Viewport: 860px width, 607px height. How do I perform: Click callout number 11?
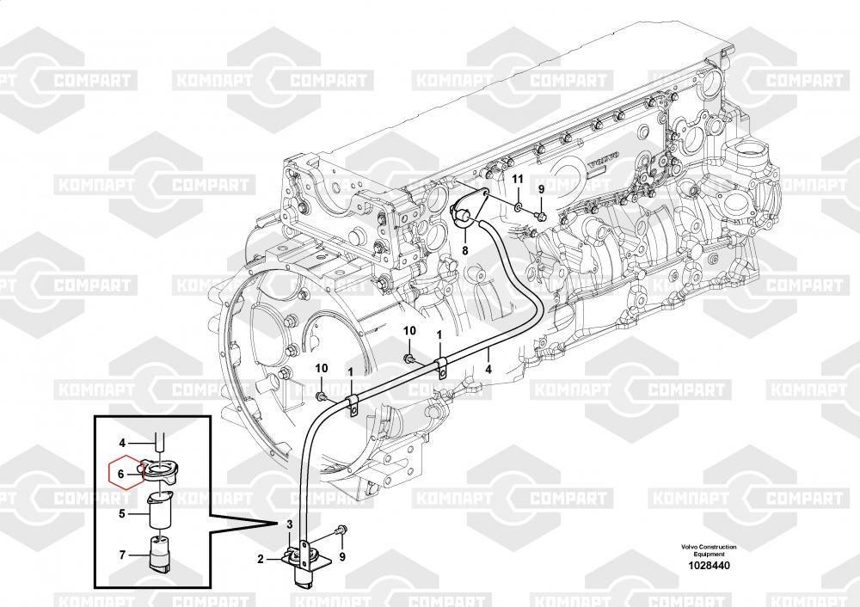(518, 178)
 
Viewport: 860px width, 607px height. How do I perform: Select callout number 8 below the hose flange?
(464, 251)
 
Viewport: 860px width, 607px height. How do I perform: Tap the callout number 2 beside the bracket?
(260, 559)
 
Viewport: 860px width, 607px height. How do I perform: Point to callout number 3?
(290, 524)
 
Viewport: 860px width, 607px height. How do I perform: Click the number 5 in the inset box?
(122, 514)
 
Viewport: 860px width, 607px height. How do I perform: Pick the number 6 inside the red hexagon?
(121, 472)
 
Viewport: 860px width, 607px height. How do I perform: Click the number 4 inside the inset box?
(122, 443)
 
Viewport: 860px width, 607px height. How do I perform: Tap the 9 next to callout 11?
(541, 188)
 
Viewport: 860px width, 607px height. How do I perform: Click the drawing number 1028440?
(703, 566)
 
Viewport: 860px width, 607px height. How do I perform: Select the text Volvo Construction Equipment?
(703, 551)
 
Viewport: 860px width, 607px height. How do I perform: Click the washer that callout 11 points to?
(518, 207)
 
